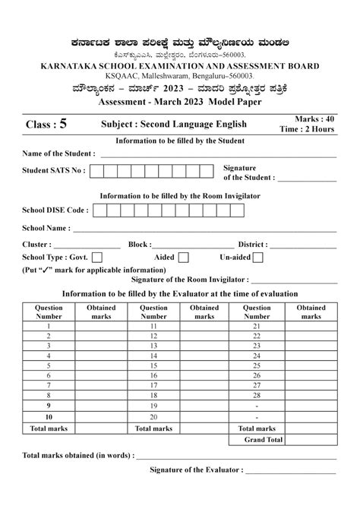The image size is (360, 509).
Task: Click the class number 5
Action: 64,121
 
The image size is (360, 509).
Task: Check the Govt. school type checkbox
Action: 96,258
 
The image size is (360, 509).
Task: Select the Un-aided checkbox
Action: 258,258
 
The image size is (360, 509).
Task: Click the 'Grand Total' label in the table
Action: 264,439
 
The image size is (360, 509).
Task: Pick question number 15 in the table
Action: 154,365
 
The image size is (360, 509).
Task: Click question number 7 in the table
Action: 49,385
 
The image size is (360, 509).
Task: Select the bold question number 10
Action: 49,417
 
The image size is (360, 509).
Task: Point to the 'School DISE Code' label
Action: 55,209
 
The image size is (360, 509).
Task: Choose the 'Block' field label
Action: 140,245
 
